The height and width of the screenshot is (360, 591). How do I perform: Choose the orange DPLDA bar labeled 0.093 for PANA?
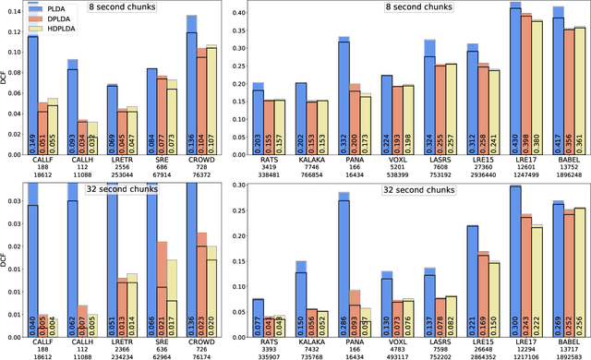pos(354,309)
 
